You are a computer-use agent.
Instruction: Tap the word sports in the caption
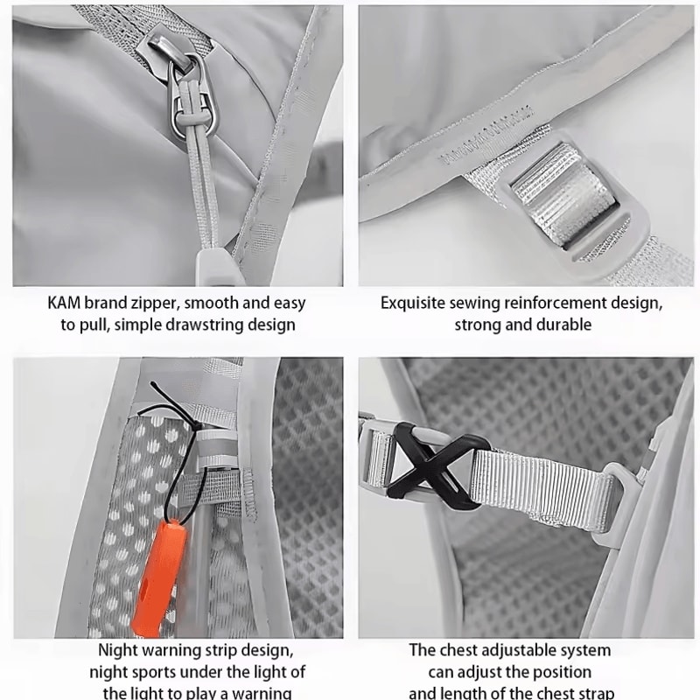click(147, 672)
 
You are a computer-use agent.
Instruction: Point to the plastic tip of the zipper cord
click(213, 267)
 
